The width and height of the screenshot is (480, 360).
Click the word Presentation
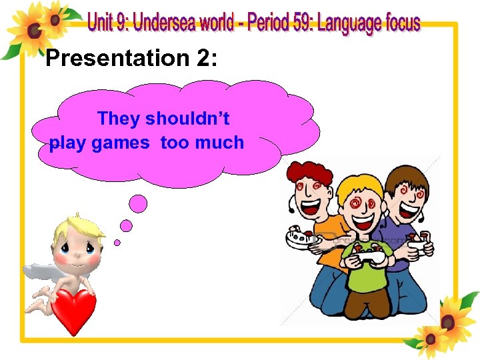[x=116, y=59]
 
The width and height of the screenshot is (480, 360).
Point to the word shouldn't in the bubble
[x=187, y=119]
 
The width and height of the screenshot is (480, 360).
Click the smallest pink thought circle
[x=117, y=242]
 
